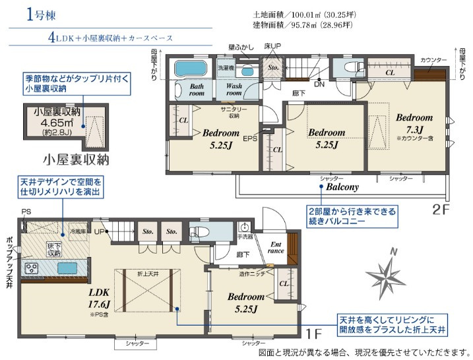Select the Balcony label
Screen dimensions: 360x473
tap(342, 187)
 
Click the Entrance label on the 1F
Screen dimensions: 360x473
tap(276, 247)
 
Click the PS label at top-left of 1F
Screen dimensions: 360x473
tap(26, 212)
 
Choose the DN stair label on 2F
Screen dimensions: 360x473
tap(319, 84)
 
